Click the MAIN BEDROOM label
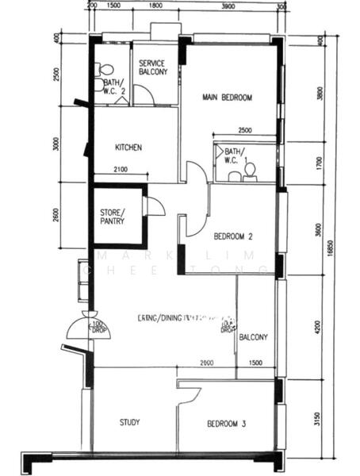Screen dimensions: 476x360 pos(227,98)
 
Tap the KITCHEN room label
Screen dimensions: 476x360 pos(128,148)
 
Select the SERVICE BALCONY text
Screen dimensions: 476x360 pos(153,67)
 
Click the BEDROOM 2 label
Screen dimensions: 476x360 pos(233,236)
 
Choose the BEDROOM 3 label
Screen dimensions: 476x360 pos(226,424)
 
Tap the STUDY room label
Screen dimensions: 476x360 pos(129,423)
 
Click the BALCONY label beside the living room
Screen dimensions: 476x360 pos(254,336)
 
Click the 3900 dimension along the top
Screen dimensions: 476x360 pos(228,6)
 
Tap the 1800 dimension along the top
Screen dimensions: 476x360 pos(155,6)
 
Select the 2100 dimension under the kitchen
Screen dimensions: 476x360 pos(121,169)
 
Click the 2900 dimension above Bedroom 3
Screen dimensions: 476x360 pos(206,363)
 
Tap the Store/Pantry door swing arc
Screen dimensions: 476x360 pos(155,206)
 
